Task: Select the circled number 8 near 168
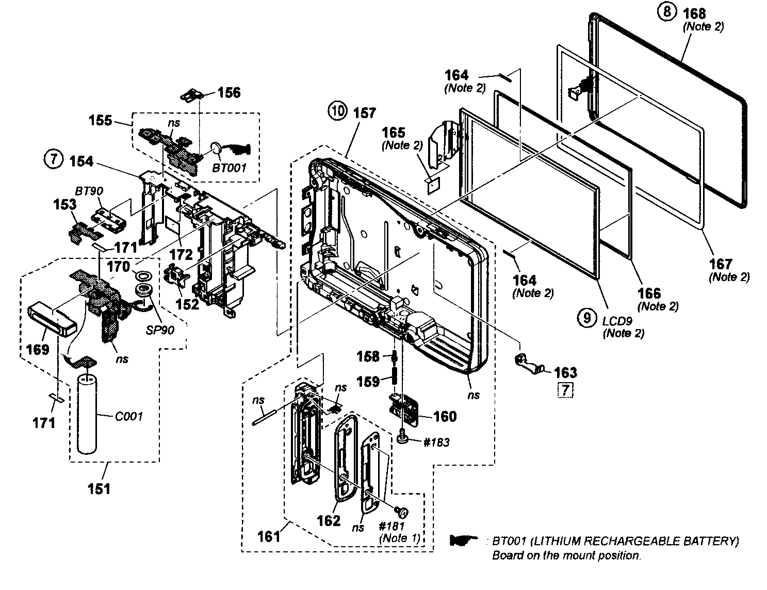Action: coord(667,11)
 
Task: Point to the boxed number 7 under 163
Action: coord(565,390)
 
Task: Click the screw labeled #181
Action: coord(401,512)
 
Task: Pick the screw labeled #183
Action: coord(403,438)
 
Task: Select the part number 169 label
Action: coord(38,349)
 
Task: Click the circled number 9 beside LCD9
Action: coord(586,318)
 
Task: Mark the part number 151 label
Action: coord(99,488)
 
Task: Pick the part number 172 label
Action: coord(182,254)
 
